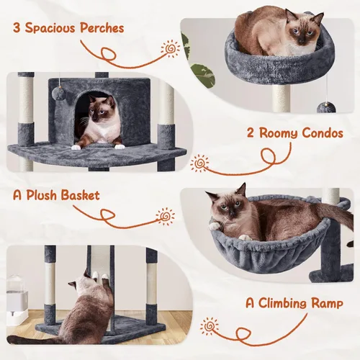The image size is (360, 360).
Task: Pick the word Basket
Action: (x=80, y=196)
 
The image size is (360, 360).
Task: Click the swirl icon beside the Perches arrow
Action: (x=171, y=50)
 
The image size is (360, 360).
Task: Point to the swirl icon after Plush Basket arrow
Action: (x=166, y=216)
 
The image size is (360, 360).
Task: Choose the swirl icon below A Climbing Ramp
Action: (x=210, y=326)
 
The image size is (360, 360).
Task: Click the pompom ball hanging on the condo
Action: (x=57, y=93)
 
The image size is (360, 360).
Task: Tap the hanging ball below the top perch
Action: (x=325, y=107)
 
